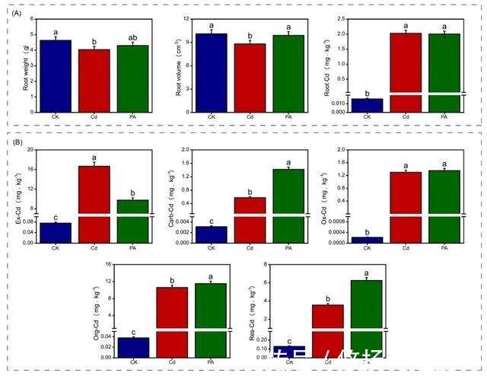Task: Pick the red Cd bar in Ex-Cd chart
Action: pyautogui.click(x=94, y=190)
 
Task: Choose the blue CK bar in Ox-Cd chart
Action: pyautogui.click(x=368, y=240)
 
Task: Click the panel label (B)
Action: pyautogui.click(x=15, y=141)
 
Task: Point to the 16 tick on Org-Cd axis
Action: pyautogui.click(x=109, y=265)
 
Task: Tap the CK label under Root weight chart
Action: pyautogui.click(x=56, y=116)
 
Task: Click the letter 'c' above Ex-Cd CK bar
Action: pyautogui.click(x=56, y=218)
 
